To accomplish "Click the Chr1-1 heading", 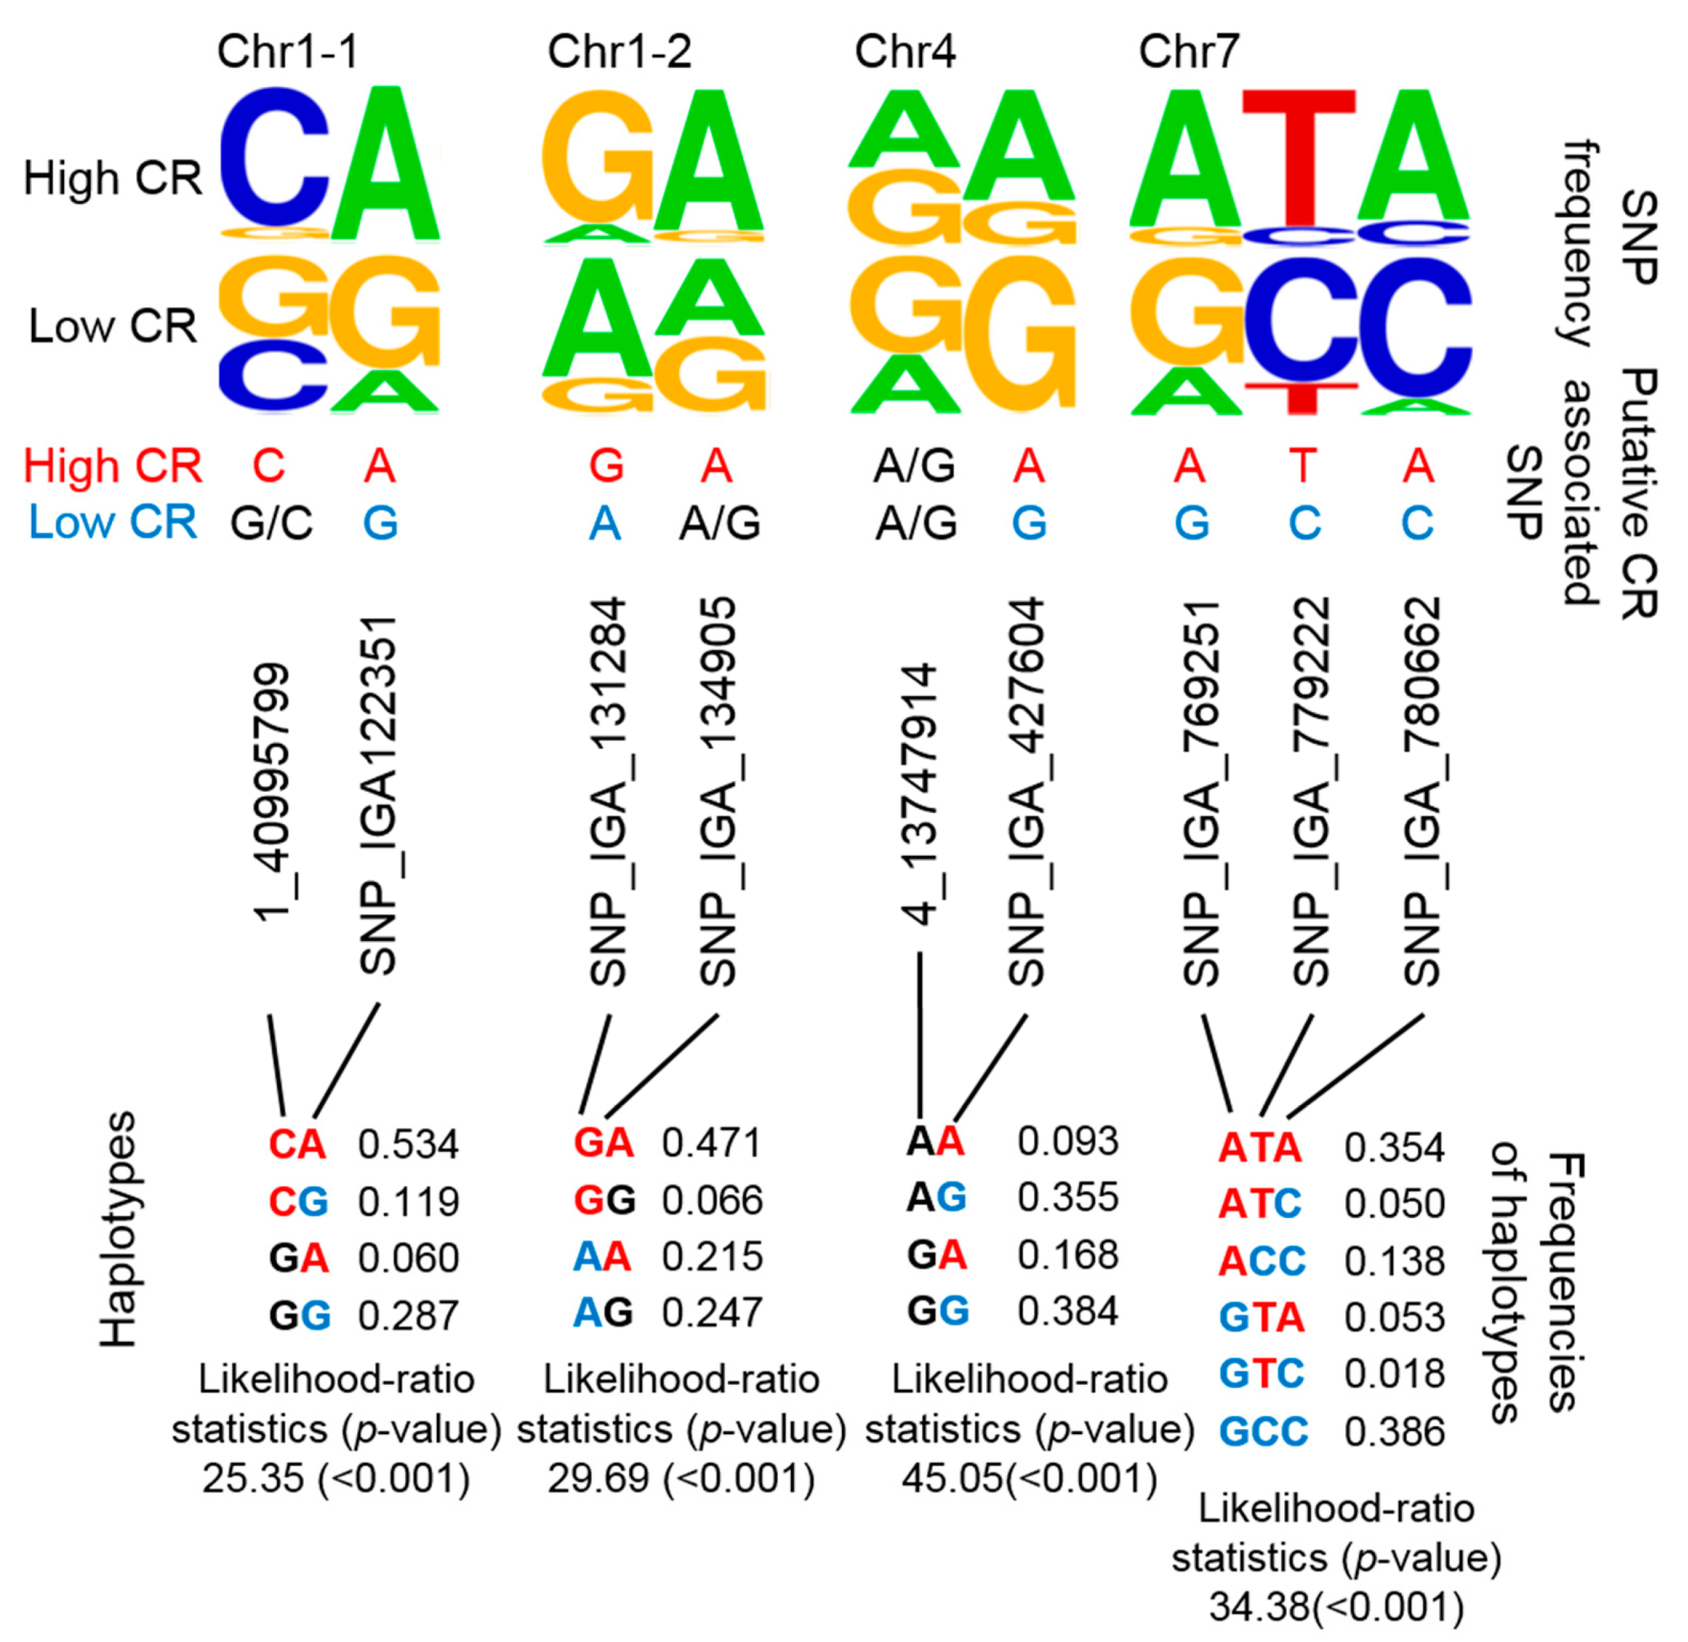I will [287, 52].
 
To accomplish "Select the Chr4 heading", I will [905, 52].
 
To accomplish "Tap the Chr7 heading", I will [1189, 52].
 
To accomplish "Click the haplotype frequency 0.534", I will [408, 1144].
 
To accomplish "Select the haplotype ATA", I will [1259, 1148].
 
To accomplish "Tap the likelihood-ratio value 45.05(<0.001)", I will [1029, 1479].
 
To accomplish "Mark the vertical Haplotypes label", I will [118, 1229].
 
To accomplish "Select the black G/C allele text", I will [271, 523].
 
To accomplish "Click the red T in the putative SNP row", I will [1303, 467].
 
